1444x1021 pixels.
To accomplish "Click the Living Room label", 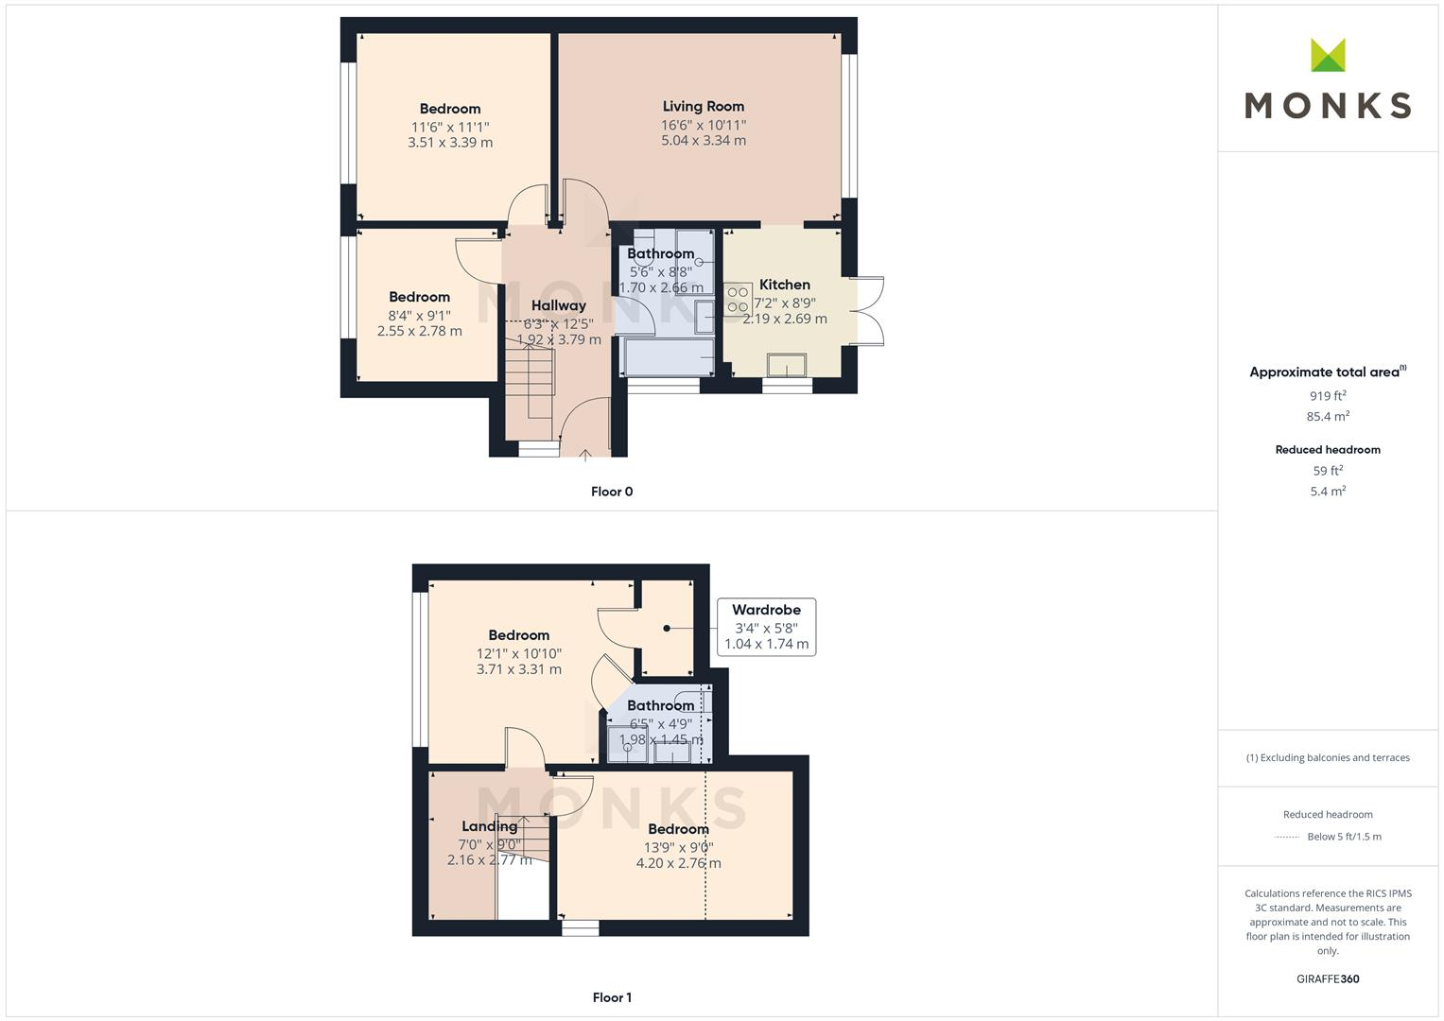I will click(x=703, y=107).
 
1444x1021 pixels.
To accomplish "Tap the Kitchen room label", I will click(x=784, y=285).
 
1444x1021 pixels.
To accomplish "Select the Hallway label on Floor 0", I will click(x=558, y=305).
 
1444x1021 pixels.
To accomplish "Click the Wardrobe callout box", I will click(x=766, y=627).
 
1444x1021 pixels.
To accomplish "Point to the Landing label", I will click(x=489, y=826).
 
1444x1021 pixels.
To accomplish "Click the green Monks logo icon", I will click(x=1328, y=56).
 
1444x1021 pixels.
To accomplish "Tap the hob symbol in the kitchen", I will click(x=738, y=300).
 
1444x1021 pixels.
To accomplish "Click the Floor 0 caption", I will click(x=612, y=492).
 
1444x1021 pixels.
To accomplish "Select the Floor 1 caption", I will click(x=612, y=997).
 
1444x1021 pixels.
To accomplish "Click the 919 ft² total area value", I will click(x=1328, y=396).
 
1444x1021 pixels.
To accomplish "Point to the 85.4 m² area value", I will click(x=1328, y=416).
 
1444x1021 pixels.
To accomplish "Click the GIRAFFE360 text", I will click(x=1328, y=979).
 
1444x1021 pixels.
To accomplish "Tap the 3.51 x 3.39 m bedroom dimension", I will click(x=450, y=143).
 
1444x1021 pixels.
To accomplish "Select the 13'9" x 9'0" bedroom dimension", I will click(x=678, y=848).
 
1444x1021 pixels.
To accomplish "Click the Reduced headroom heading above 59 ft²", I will click(x=1328, y=450).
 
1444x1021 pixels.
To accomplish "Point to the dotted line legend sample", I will click(x=1287, y=837).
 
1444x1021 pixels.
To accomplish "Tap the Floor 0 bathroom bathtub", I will click(x=668, y=358).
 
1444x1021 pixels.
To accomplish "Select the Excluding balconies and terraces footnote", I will click(x=1328, y=757).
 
